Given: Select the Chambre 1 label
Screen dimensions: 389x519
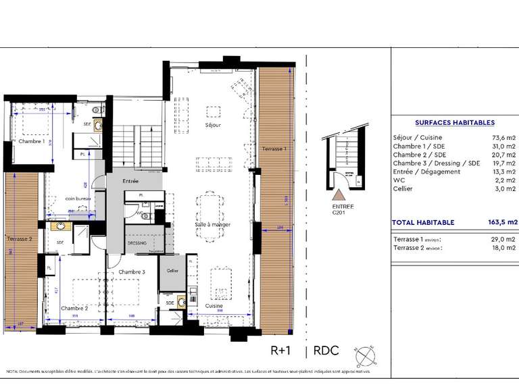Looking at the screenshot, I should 31,142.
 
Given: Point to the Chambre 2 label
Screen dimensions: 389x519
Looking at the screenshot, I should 74,308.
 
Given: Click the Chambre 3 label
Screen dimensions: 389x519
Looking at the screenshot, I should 132,271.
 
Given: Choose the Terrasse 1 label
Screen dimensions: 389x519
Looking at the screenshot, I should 274,149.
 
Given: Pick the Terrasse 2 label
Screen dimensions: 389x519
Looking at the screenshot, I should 20,238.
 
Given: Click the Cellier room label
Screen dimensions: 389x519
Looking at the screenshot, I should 173,271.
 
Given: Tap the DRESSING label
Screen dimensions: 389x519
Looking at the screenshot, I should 137,242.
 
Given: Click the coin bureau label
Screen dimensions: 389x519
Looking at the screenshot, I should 78,199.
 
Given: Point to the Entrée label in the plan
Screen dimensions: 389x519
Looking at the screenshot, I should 130,181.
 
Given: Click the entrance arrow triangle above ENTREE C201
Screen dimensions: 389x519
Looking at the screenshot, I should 338,195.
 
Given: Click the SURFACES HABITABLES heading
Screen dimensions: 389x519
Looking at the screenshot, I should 454,123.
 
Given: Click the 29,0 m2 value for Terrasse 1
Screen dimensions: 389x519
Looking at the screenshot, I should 505,240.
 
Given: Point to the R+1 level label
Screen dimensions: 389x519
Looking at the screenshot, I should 281,351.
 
